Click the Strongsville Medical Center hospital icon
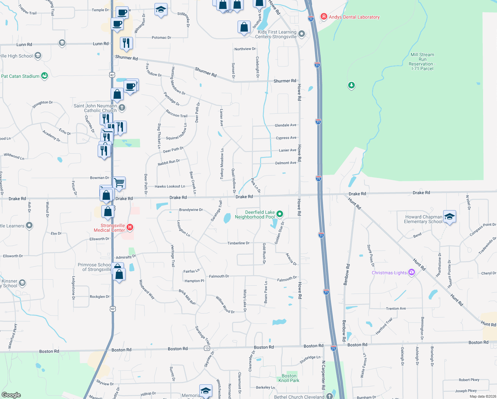(x=130, y=227)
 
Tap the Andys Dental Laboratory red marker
(x=324, y=17)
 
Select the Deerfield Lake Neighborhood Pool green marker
(x=280, y=214)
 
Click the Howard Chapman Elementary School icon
(x=449, y=217)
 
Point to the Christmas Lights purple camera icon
(x=412, y=272)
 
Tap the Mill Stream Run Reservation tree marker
(x=351, y=85)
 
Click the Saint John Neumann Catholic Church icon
(x=122, y=107)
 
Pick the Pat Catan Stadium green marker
(x=45, y=76)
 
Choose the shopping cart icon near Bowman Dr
(x=119, y=183)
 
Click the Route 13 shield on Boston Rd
(x=207, y=348)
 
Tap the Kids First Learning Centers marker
(x=302, y=34)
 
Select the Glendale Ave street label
(x=285, y=125)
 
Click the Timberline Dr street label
(x=238, y=243)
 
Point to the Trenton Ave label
(x=396, y=309)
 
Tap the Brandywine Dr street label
(x=191, y=210)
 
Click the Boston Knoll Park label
(x=289, y=378)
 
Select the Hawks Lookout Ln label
(x=170, y=187)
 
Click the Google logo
(x=11, y=395)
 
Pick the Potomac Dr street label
(x=161, y=38)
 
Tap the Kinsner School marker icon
(x=22, y=283)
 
